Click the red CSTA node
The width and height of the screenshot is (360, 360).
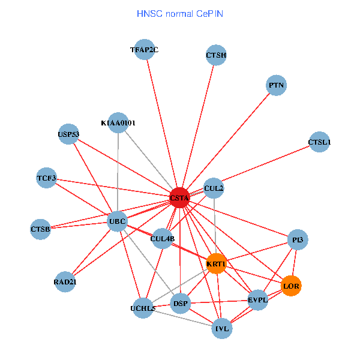pos(179,197)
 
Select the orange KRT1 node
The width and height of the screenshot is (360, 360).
pos(216,264)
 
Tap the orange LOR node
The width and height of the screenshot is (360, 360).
pos(291,286)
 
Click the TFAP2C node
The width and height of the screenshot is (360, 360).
pos(145,50)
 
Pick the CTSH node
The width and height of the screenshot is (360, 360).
pos(216,56)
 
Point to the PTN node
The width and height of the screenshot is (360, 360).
pos(276,86)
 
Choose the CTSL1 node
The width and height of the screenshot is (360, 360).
pos(319,142)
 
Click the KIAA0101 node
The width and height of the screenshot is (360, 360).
pos(118,123)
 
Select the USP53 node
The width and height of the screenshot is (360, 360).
pos(68,134)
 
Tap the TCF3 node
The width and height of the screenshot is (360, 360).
pos(46,178)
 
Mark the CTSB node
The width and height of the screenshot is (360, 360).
pos(40,229)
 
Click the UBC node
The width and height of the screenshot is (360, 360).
pos(117,221)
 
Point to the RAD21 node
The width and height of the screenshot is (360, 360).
pos(65,281)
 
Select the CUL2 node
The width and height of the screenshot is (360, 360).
pos(214,188)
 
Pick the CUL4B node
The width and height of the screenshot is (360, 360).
pos(163,239)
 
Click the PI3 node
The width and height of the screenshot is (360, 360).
pos(298,240)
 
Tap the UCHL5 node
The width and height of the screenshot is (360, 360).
pos(143,308)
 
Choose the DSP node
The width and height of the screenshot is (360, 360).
pos(181,304)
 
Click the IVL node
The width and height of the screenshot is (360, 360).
pos(222,328)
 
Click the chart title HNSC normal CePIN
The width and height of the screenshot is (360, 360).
pos(180,13)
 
